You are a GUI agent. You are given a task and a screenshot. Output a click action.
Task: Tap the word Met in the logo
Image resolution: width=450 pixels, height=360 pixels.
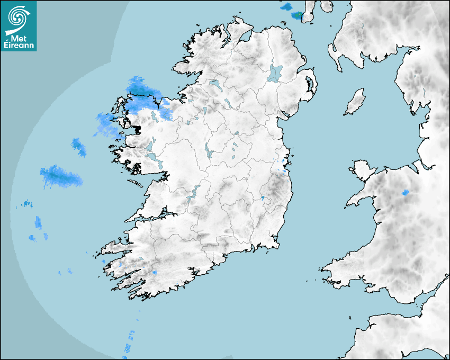point(19,38)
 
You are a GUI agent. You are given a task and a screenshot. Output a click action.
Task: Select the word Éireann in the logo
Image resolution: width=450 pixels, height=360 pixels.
point(19,46)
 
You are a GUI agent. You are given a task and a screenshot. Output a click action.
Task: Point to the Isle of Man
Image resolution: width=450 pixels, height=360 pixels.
point(355,102)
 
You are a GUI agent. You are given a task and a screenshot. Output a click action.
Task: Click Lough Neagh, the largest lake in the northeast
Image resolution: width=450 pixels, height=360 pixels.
point(275,73)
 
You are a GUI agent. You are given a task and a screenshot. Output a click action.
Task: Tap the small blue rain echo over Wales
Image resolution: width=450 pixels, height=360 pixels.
point(406,193)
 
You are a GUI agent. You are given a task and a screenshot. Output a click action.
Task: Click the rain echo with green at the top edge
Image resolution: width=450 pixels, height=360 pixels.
point(298,15)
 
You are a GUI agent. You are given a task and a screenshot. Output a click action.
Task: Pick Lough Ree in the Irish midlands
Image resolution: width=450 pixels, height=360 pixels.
point(208,152)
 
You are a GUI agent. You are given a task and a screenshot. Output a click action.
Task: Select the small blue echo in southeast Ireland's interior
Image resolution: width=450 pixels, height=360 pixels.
point(262,197)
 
